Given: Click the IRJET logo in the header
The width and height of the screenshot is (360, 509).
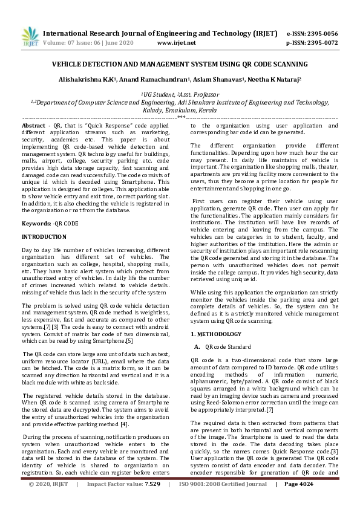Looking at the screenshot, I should click(26, 37).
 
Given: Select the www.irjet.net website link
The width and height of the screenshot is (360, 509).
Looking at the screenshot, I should click(176, 43).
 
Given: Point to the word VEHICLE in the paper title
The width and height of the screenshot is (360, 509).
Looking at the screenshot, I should click(69, 64).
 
